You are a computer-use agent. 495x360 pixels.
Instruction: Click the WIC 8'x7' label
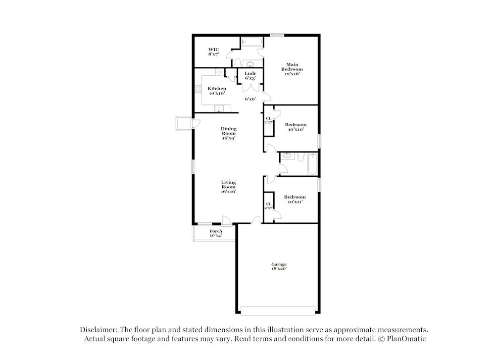213,52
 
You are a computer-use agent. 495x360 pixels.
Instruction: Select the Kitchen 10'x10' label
217,91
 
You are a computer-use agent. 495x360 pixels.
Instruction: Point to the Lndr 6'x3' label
250,76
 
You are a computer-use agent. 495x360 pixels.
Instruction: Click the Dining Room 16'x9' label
229,133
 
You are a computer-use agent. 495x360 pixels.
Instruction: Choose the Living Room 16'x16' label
229,187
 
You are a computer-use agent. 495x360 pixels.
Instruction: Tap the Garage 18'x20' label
279,266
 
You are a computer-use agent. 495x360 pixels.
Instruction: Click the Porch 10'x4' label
216,233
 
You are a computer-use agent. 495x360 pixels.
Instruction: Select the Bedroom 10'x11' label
295,199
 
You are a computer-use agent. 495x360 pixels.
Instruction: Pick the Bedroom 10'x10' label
296,127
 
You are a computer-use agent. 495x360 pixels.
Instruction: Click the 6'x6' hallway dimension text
250,99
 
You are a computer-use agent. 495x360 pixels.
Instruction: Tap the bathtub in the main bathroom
251,42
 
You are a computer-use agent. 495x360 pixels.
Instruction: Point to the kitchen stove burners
198,89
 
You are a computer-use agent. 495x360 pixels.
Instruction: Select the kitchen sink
219,108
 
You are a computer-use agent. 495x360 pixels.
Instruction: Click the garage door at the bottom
278,311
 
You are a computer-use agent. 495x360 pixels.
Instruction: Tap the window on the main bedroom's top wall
277,35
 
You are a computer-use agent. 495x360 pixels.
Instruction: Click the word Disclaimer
99,330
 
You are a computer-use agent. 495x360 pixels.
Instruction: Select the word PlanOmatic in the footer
406,339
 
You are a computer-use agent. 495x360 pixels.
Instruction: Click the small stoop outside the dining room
184,123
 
